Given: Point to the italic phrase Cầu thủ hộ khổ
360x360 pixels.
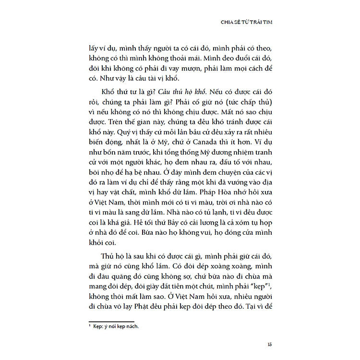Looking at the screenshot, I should point(164,91).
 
